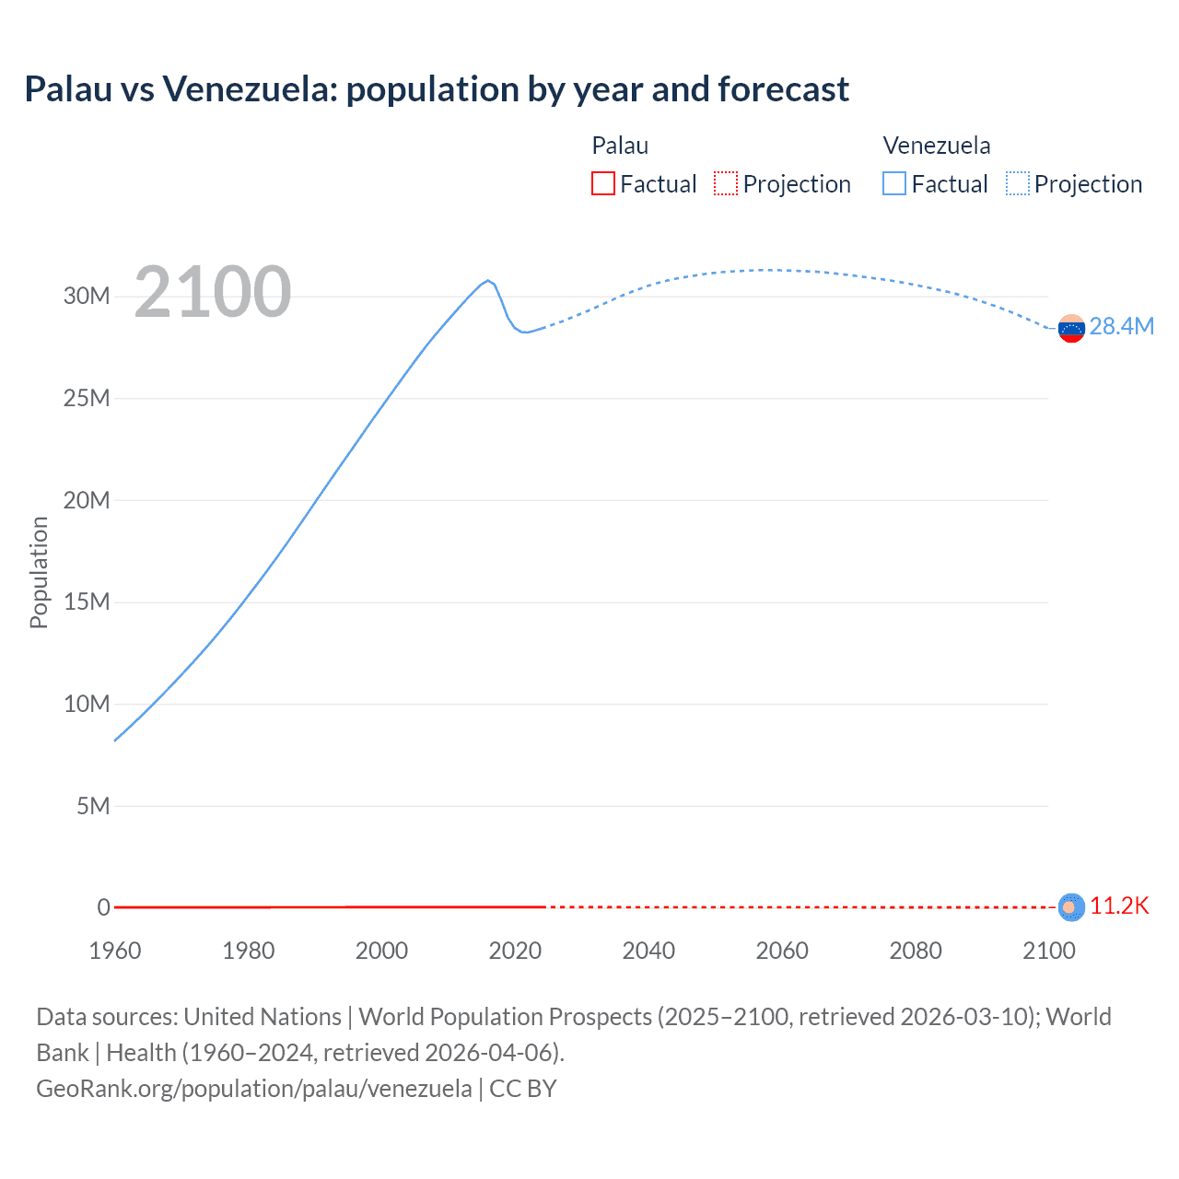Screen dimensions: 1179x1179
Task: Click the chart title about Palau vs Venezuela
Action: point(437,89)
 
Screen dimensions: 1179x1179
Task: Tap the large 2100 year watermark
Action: point(213,292)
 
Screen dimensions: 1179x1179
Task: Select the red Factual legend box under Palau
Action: point(603,183)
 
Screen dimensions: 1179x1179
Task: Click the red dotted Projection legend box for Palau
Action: point(726,183)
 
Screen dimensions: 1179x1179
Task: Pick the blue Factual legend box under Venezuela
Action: point(894,183)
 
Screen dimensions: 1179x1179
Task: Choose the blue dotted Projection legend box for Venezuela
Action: point(1018,183)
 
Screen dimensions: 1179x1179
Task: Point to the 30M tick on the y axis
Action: point(87,296)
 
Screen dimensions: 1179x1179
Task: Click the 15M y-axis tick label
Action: point(87,601)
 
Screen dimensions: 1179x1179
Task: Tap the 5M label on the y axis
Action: point(93,806)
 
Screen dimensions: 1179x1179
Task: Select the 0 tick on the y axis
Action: point(104,907)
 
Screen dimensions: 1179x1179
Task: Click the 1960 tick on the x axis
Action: point(115,951)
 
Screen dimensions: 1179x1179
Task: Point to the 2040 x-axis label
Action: point(648,951)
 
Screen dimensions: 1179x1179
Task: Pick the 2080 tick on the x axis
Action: point(916,951)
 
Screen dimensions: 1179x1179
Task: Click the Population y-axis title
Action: point(39,572)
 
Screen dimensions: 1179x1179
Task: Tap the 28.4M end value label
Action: point(1121,327)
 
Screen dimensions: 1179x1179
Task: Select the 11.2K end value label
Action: point(1119,906)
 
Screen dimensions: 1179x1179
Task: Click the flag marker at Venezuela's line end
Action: point(1071,329)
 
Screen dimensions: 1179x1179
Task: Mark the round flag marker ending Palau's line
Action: point(1070,907)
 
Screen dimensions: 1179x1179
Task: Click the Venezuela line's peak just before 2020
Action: point(488,280)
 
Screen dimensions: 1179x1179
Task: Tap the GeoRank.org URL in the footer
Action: point(254,1089)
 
